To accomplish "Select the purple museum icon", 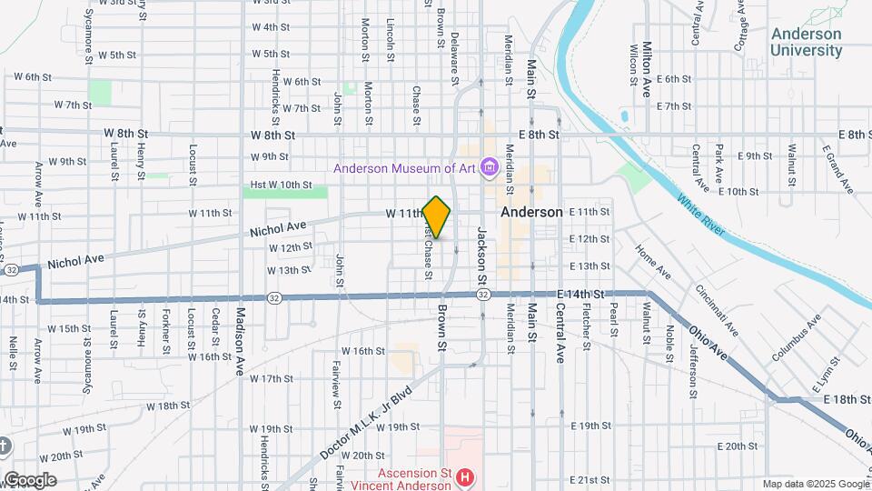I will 490,167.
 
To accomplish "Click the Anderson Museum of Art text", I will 405,167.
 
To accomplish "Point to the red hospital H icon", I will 465,476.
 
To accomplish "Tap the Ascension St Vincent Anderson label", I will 414,478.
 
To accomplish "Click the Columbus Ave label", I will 797,337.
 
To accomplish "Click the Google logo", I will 30,480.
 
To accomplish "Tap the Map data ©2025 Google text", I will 816,484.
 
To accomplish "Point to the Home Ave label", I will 652,262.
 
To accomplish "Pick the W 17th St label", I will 271,378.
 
